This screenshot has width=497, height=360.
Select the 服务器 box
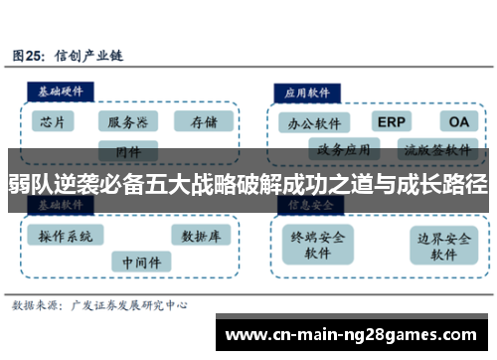pos(128,121)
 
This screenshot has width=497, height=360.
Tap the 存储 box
pos(203,121)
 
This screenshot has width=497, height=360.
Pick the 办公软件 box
pos(314,124)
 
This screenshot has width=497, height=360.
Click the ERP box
pos(393,122)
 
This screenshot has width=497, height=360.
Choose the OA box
pos(458,122)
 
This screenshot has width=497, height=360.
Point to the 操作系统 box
pos(65,236)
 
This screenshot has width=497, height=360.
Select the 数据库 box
pos(201,236)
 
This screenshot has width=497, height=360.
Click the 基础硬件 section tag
pos(59,90)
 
